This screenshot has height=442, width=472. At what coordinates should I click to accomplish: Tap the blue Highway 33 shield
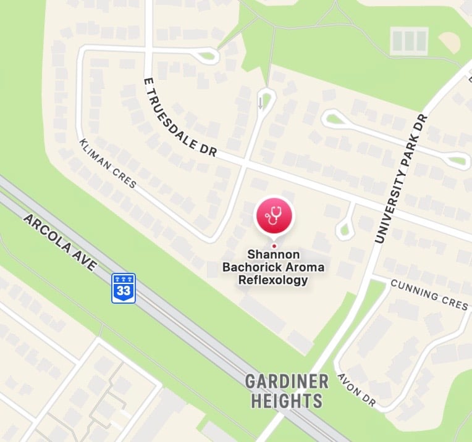[x=124, y=288]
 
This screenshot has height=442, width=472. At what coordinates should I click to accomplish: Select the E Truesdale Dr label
[x=179, y=118]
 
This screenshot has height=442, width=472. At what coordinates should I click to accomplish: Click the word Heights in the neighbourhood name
[x=286, y=400]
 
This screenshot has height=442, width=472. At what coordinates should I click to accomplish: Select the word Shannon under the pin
[x=273, y=254]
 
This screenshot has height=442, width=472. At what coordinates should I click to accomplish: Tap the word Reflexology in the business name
[x=273, y=280]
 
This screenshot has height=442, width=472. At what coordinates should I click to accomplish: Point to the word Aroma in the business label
[x=303, y=267]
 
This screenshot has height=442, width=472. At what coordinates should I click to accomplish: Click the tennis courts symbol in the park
[x=409, y=41]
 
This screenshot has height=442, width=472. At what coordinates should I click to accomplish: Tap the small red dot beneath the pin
[x=274, y=246]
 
